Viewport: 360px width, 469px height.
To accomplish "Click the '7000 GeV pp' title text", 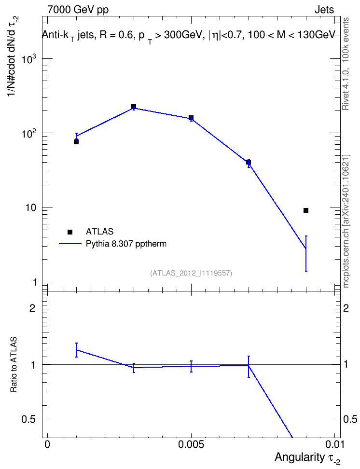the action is pyautogui.click(x=78, y=10).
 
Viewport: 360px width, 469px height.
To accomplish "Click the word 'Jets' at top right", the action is pyautogui.click(x=324, y=10).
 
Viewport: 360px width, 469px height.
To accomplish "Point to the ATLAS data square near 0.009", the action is pyautogui.click(x=306, y=210).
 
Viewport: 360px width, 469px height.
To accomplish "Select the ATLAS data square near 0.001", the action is pyautogui.click(x=76, y=142).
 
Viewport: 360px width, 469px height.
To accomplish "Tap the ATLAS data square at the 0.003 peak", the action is pyautogui.click(x=134, y=107).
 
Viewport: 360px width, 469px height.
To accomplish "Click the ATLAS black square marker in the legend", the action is pyautogui.click(x=70, y=232).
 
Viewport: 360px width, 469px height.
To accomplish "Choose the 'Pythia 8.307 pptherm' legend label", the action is pyautogui.click(x=126, y=244).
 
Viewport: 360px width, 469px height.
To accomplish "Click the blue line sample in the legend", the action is pyautogui.click(x=70, y=244).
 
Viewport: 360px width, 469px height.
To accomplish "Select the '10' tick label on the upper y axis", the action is pyautogui.click(x=30, y=207).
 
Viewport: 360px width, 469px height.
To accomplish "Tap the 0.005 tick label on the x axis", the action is pyautogui.click(x=191, y=444).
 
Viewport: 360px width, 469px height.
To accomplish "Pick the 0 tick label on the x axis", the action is pyautogui.click(x=47, y=444).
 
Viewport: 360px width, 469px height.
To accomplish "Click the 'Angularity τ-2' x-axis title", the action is pyautogui.click(x=307, y=458).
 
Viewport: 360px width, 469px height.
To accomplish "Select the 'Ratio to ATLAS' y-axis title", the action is pyautogui.click(x=14, y=364).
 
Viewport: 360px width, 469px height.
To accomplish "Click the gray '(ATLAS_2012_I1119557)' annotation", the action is pyautogui.click(x=191, y=273).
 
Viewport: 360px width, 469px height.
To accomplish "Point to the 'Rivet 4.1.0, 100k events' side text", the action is pyautogui.click(x=346, y=64).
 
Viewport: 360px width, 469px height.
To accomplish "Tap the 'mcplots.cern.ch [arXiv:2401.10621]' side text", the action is pyautogui.click(x=346, y=221).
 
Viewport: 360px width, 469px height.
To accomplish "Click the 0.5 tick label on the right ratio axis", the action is pyautogui.click(x=350, y=419).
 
